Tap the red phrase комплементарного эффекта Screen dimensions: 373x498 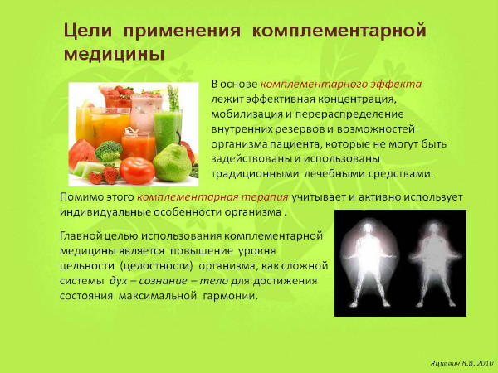341,85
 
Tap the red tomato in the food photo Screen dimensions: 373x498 137,170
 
